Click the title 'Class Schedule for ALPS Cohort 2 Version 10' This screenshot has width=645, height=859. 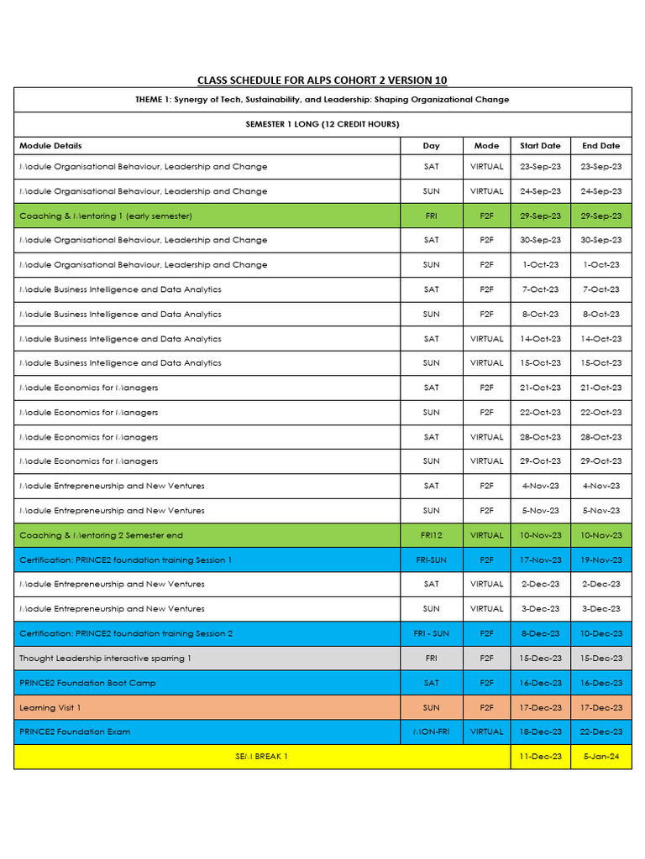coord(322,81)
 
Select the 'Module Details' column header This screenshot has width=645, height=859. coord(50,146)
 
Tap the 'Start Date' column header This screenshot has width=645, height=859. coord(540,146)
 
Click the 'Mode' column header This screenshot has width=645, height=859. coord(486,146)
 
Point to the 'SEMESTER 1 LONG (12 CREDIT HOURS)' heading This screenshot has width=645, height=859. coord(322,124)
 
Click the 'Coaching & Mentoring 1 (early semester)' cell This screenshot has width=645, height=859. coord(106,216)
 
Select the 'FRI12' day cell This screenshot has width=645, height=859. coord(432,535)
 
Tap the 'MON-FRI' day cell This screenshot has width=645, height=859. coord(432,732)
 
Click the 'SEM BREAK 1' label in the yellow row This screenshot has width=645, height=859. coord(261,757)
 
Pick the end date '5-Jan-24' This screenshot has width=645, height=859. coord(601,757)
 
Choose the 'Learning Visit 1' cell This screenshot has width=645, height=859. coord(50,708)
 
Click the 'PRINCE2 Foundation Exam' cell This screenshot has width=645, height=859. coord(75,732)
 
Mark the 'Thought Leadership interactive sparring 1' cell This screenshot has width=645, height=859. coord(105,659)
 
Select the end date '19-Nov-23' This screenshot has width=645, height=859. coord(601,560)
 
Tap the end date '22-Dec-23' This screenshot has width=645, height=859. coord(601,732)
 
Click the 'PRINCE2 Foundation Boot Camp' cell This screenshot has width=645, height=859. coord(87,683)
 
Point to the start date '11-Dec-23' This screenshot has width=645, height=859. coord(540,757)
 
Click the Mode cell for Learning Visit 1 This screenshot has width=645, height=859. coord(486,708)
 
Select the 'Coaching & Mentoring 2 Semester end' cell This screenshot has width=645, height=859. coord(101,535)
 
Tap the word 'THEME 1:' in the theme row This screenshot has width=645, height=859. coord(154,100)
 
